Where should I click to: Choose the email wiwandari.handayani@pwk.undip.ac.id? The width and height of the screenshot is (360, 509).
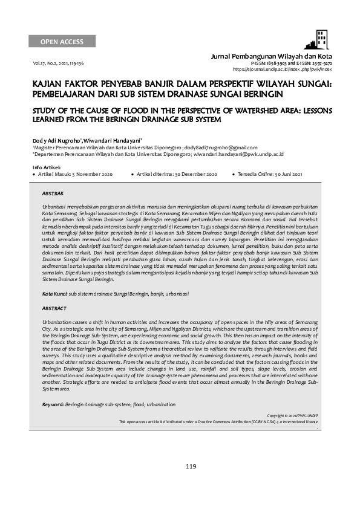click(x=232, y=154)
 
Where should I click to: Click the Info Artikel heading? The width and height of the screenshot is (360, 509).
click(x=45, y=166)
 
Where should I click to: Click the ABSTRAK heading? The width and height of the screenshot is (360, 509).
click(x=52, y=193)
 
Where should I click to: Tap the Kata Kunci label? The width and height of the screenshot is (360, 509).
click(x=54, y=293)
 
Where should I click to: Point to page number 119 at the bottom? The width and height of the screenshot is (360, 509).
click(x=191, y=466)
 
